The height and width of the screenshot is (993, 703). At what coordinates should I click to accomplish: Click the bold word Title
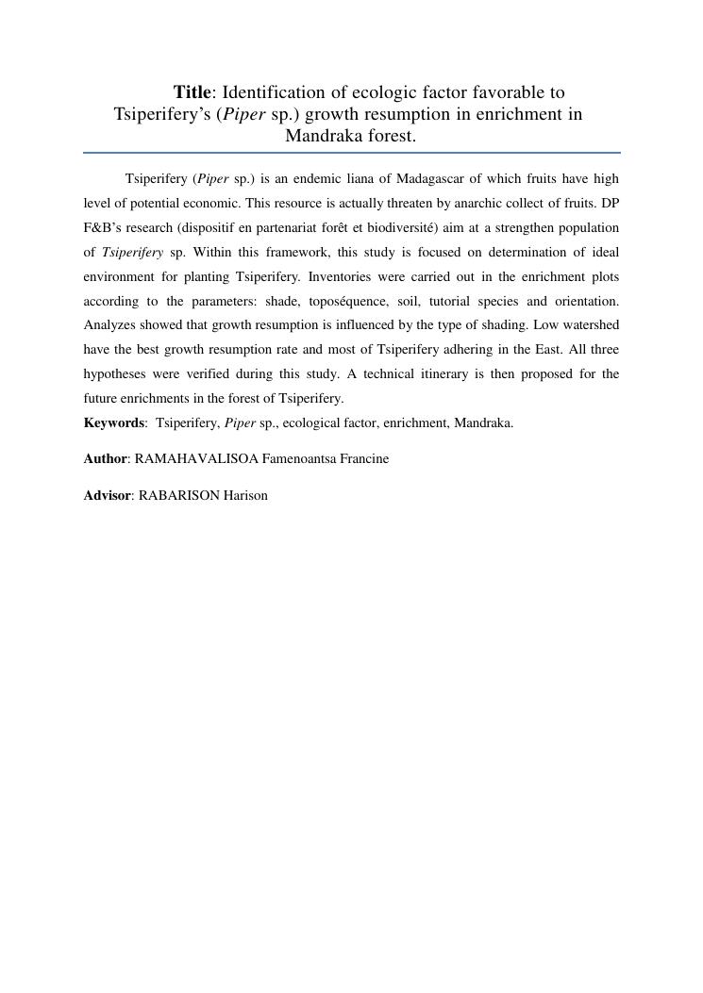point(192,92)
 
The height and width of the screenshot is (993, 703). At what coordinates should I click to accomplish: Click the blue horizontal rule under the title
point(351,152)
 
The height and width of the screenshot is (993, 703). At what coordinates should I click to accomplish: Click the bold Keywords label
point(113,422)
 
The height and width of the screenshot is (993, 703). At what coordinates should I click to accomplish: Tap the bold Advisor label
point(107,495)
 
